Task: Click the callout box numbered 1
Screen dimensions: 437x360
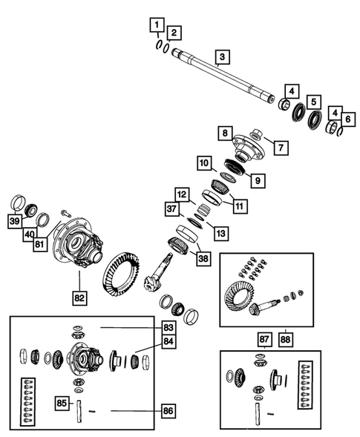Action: [156, 27]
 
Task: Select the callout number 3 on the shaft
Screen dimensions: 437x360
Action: [220, 56]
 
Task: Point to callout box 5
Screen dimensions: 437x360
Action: [315, 102]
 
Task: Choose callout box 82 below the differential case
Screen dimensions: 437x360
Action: [79, 298]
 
